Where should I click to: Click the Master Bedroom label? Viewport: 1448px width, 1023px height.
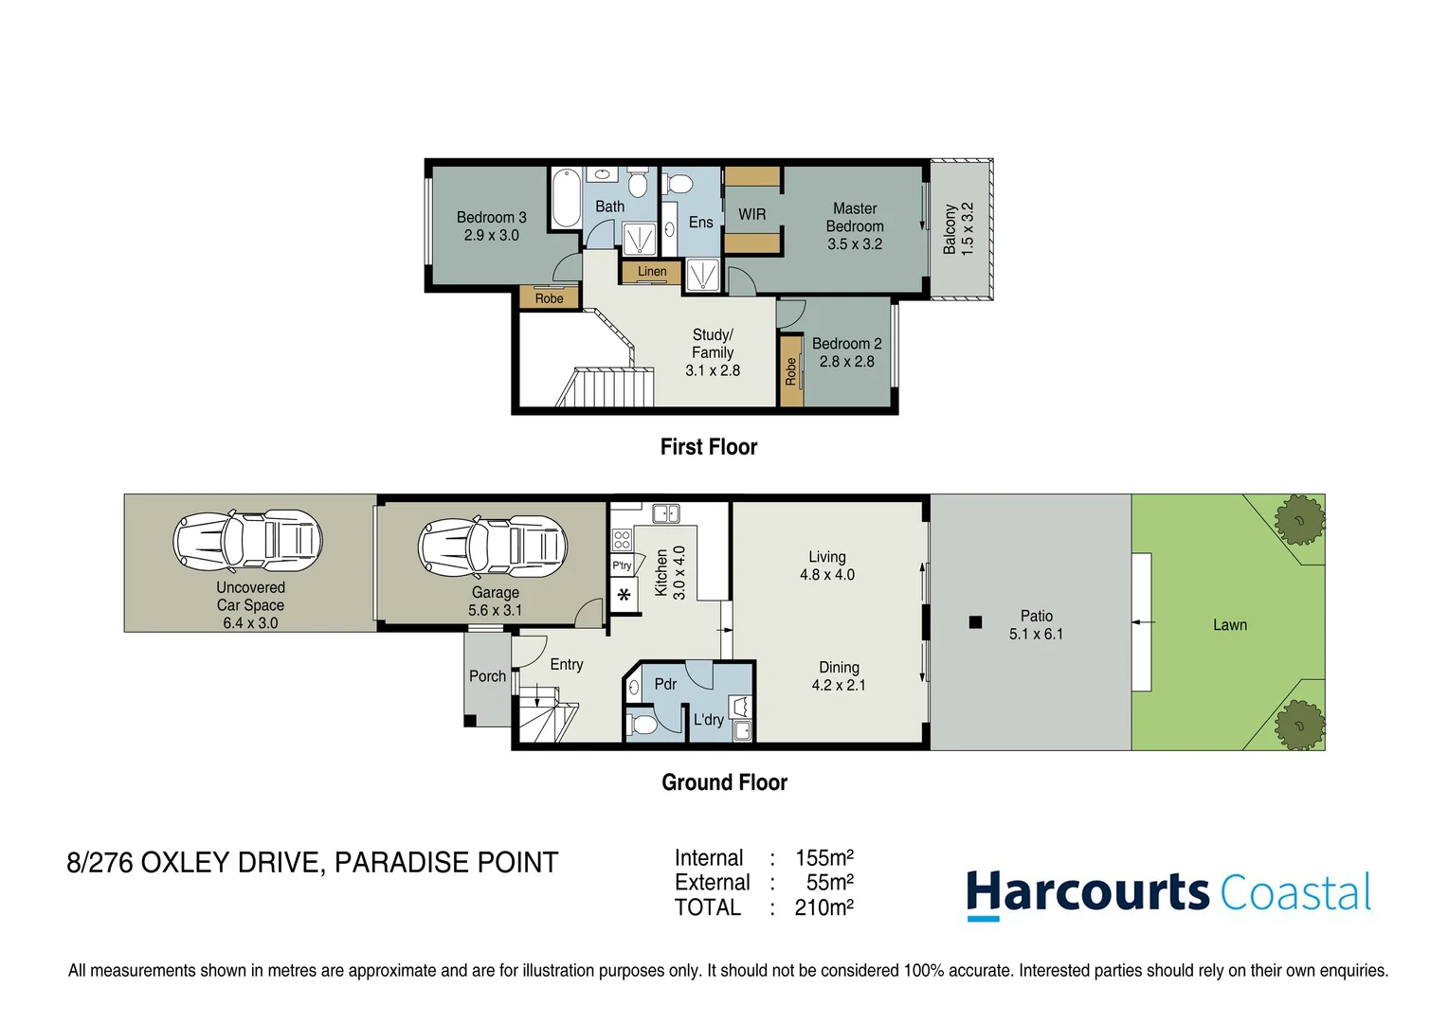click(x=854, y=217)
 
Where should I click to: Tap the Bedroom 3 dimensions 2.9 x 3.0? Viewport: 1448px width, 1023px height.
click(x=491, y=236)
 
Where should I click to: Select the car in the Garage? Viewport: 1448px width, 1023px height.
click(x=493, y=546)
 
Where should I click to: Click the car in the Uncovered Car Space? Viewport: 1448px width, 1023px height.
click(x=248, y=541)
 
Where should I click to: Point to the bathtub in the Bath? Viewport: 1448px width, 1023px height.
click(x=566, y=197)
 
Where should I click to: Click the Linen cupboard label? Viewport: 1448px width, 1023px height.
click(x=652, y=272)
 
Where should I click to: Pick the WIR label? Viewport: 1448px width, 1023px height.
click(x=751, y=215)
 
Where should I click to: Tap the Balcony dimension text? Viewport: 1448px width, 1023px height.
click(x=968, y=228)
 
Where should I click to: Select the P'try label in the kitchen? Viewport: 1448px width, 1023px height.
click(x=622, y=565)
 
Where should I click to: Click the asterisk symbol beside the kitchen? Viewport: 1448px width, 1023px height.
click(x=624, y=596)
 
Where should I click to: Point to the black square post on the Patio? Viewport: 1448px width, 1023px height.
click(x=975, y=622)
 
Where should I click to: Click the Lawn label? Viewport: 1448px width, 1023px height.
click(x=1229, y=625)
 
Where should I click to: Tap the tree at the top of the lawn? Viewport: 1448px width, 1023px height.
click(x=1299, y=519)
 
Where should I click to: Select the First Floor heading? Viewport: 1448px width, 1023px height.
click(x=708, y=447)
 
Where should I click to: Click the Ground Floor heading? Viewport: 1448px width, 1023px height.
click(x=724, y=782)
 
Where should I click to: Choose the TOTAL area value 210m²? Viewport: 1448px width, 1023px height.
click(x=824, y=907)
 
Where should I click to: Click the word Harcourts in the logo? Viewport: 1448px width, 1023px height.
click(x=1087, y=893)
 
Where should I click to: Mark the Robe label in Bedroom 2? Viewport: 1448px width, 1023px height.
click(x=790, y=371)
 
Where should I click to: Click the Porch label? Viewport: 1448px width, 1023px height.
click(x=487, y=676)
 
